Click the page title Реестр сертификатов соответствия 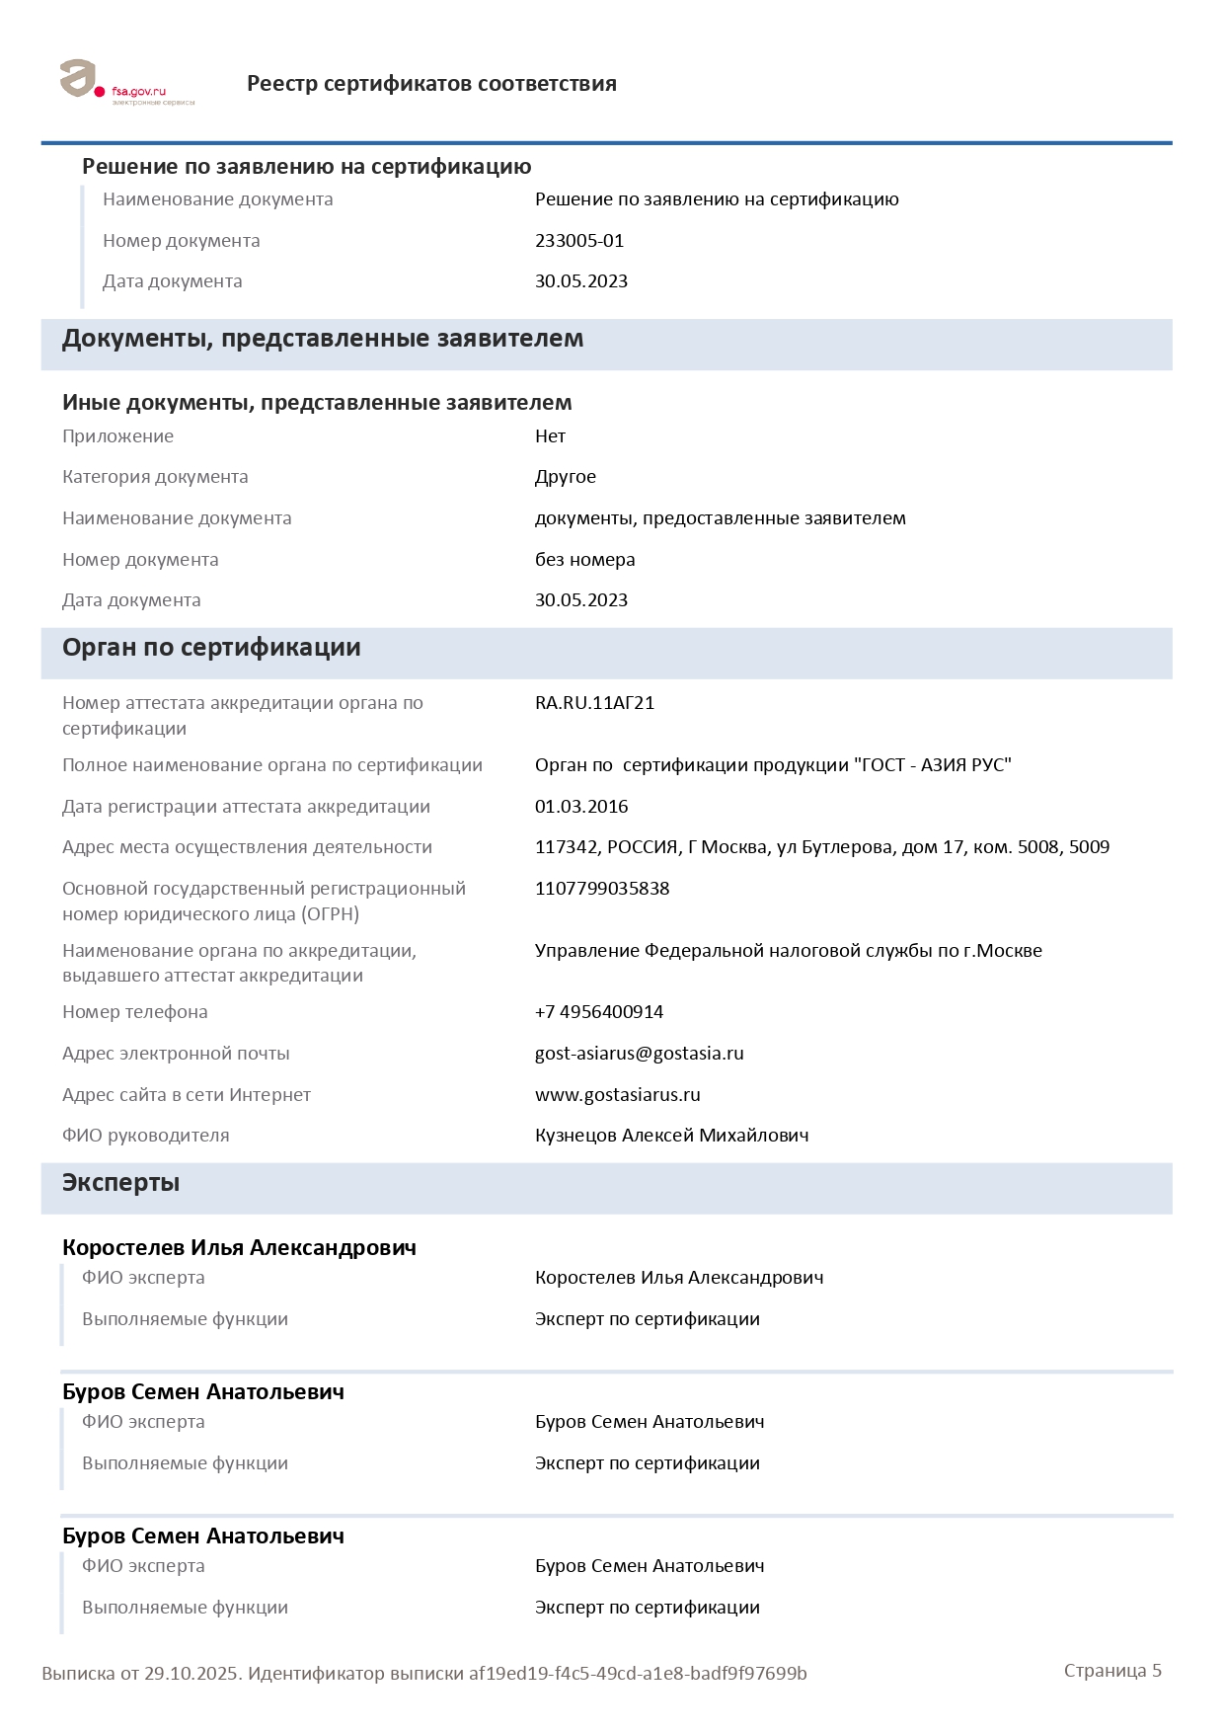pos(431,84)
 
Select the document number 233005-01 pos(579,241)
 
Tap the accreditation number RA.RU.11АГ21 pos(594,703)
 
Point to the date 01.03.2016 pos(581,807)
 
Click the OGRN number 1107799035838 pos(602,889)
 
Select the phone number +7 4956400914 pos(599,1012)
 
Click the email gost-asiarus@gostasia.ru pos(639,1054)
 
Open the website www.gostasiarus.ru pos(617,1095)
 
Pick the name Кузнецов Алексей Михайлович pos(671,1136)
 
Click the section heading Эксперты pos(120,1183)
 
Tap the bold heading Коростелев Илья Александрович pos(239,1248)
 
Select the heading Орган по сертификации pos(211,648)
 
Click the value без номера pos(584,560)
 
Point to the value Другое pos(566,477)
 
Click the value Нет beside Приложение pos(550,436)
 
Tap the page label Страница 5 pos(1112,1671)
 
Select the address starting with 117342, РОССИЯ pos(821,847)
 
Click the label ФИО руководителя pos(146,1136)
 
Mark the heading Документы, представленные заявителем pos(323,339)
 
